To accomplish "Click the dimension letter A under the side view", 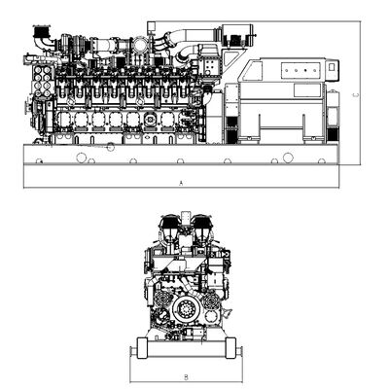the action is click(x=181, y=183).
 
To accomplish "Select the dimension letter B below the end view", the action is click(x=186, y=377).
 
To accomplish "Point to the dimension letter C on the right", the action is click(x=356, y=95).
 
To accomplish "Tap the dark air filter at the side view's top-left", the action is click(x=41, y=31).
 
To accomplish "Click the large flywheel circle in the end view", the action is click(x=186, y=307).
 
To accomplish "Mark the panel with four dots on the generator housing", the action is click(x=301, y=70).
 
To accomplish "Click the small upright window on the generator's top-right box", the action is click(x=332, y=67).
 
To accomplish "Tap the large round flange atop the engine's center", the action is click(x=140, y=45).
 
